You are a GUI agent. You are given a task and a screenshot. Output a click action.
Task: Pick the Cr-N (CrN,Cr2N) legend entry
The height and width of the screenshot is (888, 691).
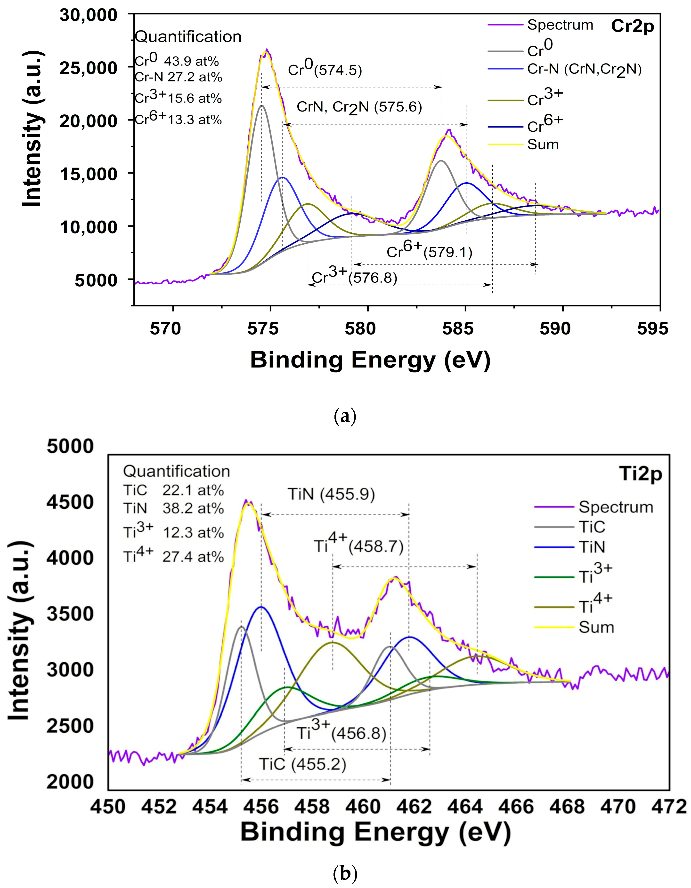[x=584, y=70]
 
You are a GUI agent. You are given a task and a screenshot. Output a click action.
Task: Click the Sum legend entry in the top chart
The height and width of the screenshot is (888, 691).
[x=543, y=145]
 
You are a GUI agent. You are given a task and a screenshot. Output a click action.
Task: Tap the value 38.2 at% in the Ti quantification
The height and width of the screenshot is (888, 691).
[x=193, y=509]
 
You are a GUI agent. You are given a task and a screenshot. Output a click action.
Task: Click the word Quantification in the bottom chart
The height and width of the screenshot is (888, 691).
[x=177, y=472]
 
